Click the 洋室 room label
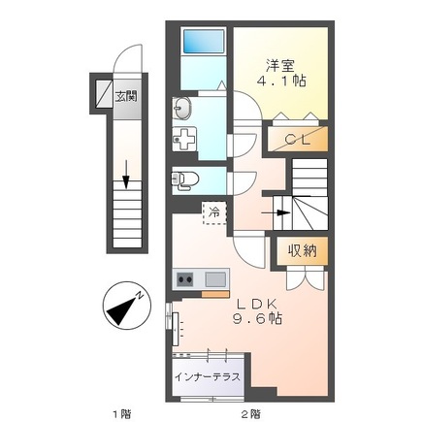click(x=281, y=66)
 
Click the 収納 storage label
click(x=302, y=250)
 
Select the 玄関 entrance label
click(x=125, y=96)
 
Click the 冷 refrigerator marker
click(x=211, y=210)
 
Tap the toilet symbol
click(x=185, y=179)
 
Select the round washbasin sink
click(x=184, y=108)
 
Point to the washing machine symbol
click(x=184, y=136)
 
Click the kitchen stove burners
click(x=184, y=280)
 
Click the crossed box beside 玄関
click(x=102, y=93)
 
